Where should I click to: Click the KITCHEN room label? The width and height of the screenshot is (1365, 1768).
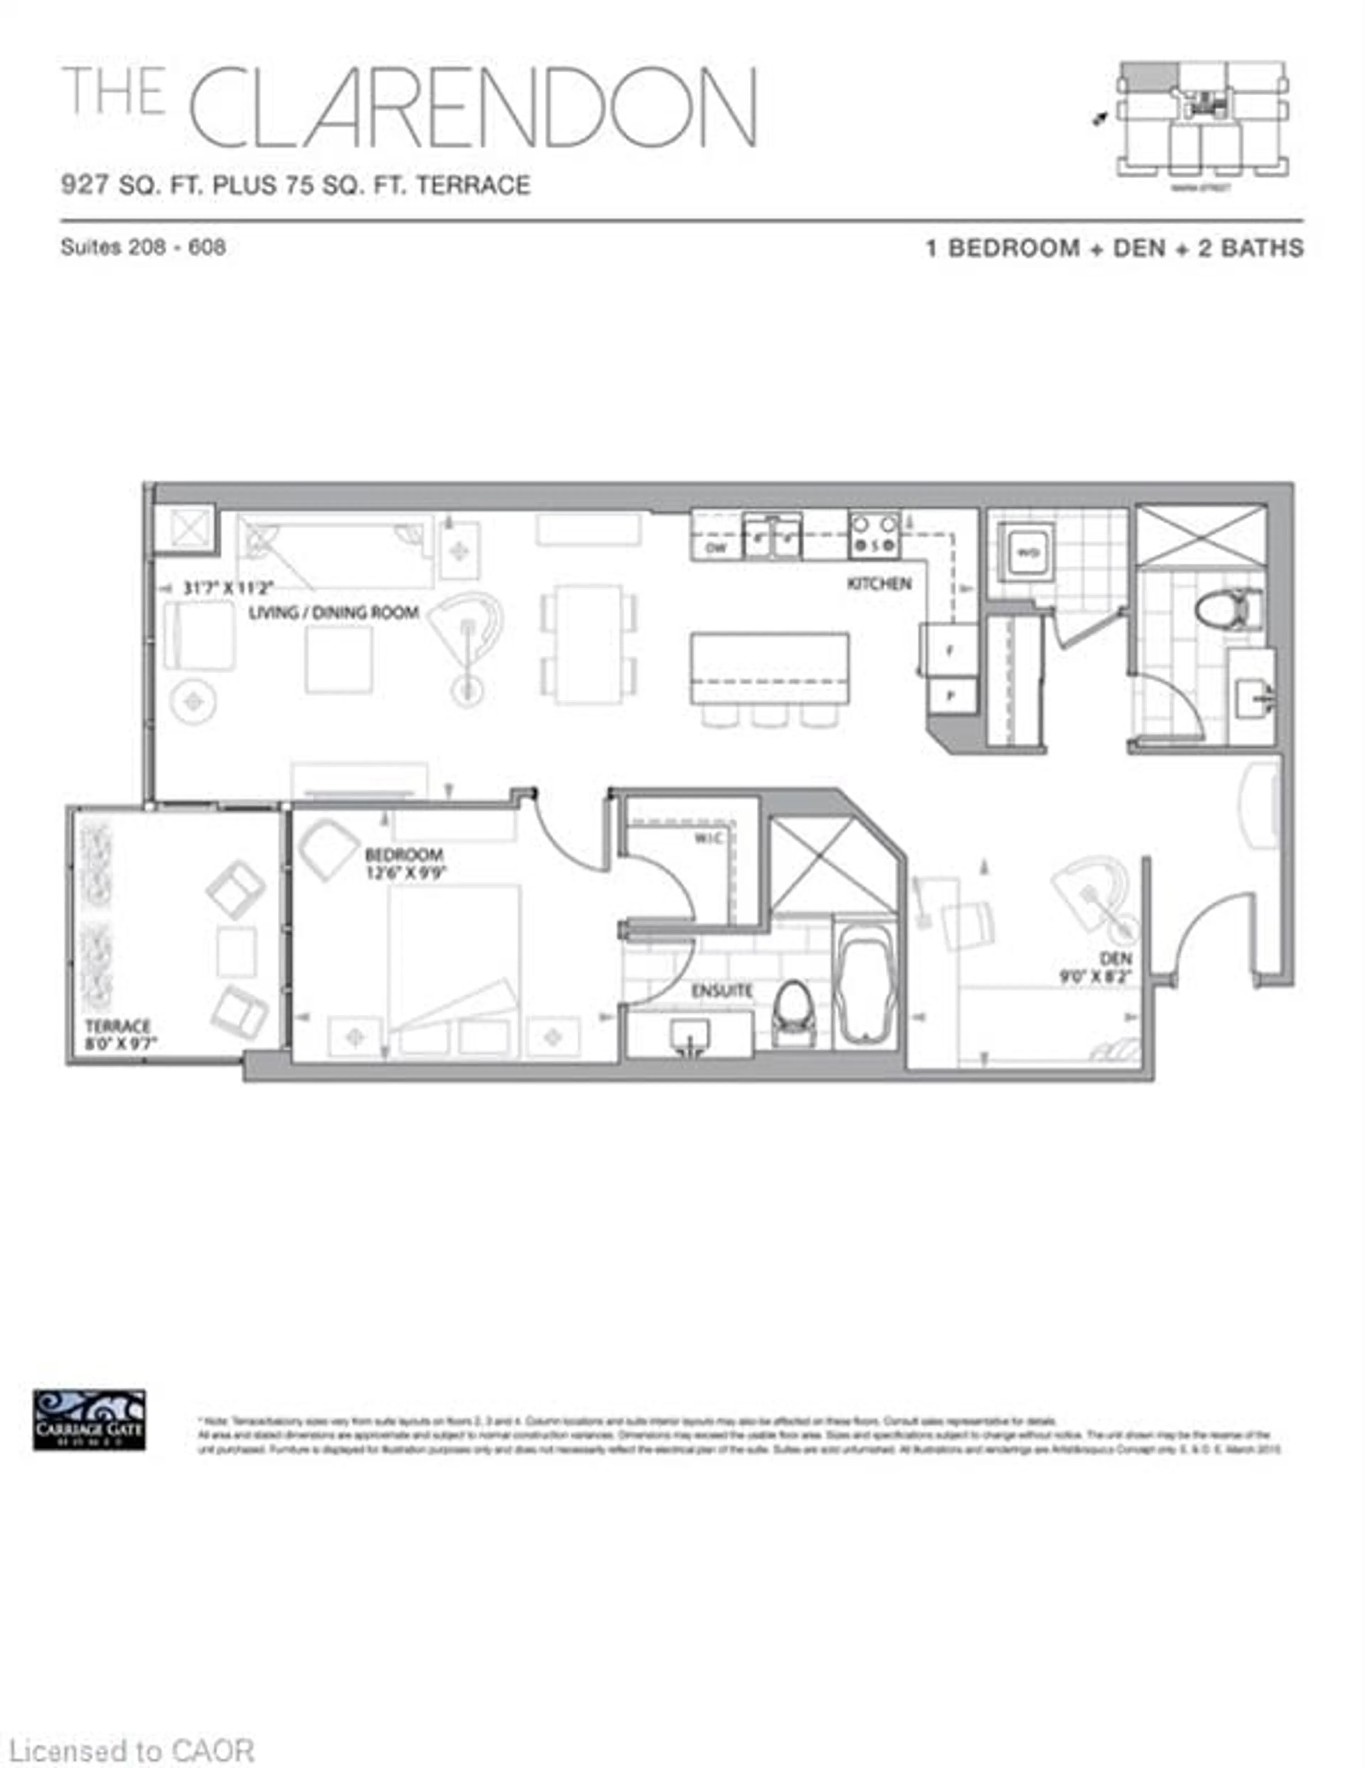coord(878,583)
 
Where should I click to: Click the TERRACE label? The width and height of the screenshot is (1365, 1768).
coord(118,1026)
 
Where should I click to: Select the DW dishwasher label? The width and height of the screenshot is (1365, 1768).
coord(715,548)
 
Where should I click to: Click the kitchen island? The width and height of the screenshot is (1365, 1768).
coord(769,669)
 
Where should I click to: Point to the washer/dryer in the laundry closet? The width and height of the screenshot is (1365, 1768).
coord(1026,552)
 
